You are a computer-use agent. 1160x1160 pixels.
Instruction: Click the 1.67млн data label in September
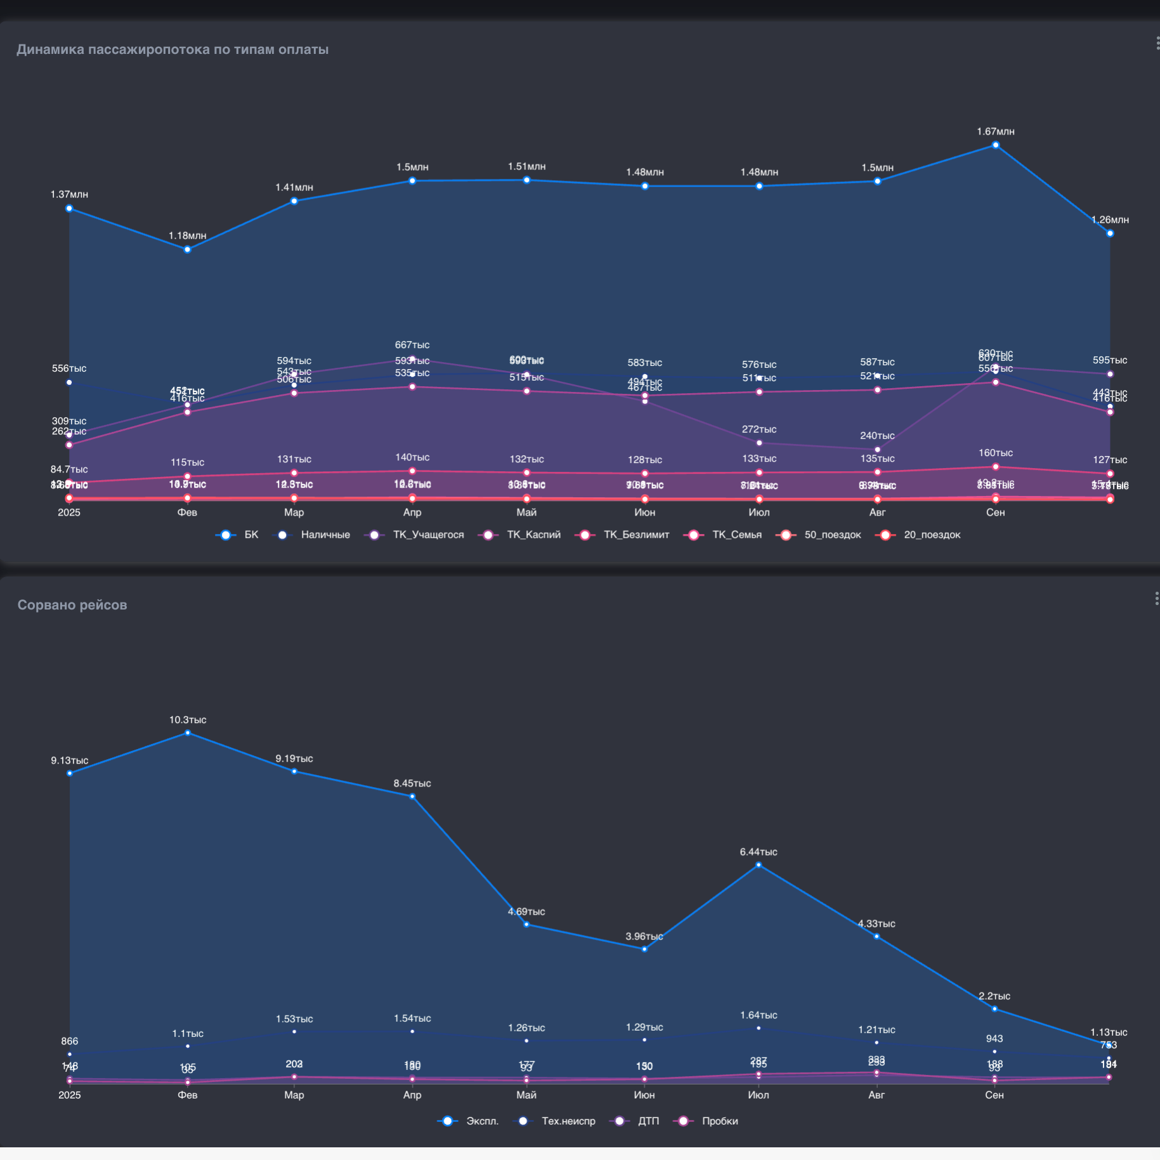tap(995, 131)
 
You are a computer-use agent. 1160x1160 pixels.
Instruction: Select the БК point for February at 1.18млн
tap(187, 250)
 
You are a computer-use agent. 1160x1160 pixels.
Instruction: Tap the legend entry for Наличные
tap(325, 535)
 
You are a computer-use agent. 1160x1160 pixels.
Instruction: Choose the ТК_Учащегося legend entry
tap(427, 535)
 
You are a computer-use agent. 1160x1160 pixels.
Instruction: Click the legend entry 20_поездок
tap(931, 535)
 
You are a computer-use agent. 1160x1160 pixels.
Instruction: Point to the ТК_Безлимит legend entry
tap(635, 535)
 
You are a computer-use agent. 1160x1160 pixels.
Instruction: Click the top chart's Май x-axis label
tap(526, 512)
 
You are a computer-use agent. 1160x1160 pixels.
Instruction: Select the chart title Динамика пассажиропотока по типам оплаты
tap(173, 49)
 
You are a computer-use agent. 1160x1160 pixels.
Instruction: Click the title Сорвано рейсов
tap(72, 605)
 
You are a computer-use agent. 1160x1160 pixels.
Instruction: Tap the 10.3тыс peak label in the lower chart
tap(188, 720)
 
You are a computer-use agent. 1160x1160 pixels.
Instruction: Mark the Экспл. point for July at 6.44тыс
tap(759, 865)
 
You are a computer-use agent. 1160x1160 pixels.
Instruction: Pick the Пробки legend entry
tap(719, 1121)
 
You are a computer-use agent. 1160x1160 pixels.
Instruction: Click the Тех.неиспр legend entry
tap(568, 1121)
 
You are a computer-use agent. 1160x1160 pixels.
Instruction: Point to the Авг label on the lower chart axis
tap(877, 1095)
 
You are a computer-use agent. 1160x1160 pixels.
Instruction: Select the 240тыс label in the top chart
tap(877, 436)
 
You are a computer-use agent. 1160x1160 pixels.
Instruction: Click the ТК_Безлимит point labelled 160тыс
tap(996, 467)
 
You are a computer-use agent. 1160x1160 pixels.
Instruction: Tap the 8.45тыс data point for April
tap(412, 797)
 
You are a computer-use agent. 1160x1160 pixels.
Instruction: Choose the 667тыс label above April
tap(412, 345)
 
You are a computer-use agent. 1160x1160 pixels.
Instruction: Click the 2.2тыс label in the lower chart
tap(994, 996)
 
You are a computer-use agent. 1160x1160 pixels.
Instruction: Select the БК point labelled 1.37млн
tap(69, 209)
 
